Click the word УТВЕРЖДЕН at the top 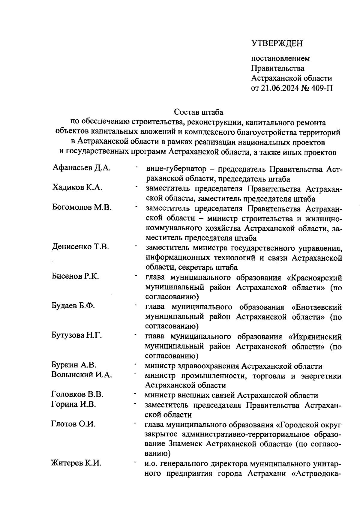(277, 43)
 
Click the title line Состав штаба (199, 112)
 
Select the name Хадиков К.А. (77, 187)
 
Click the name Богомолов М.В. (82, 207)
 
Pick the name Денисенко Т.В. (80, 247)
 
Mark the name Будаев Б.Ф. (73, 306)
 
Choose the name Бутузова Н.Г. (77, 335)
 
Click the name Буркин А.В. (74, 365)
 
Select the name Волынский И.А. (82, 374)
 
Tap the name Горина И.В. (74, 404)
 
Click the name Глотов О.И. (73, 424)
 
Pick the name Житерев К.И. (76, 463)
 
